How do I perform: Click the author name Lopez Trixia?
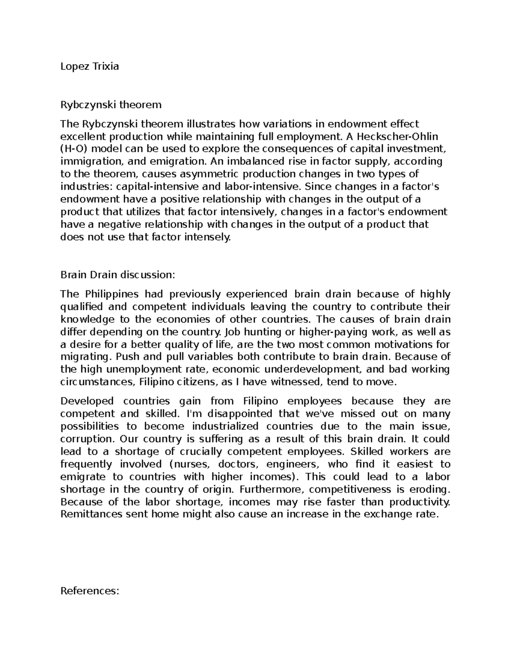(89, 66)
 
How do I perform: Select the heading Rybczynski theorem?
(111, 104)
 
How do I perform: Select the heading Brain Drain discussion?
(118, 275)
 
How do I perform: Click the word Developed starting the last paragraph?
(87, 401)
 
